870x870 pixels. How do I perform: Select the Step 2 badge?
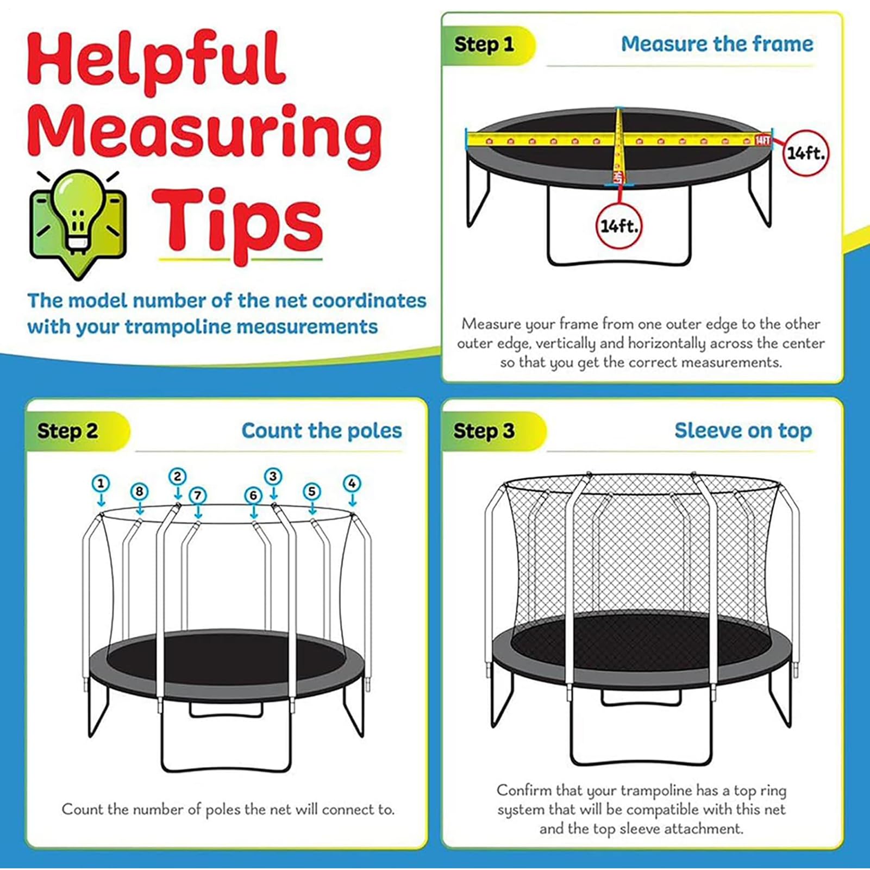click(x=68, y=431)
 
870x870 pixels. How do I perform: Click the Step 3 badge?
click(x=484, y=431)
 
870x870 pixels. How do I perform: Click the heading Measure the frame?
click(x=717, y=44)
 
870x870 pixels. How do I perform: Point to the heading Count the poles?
click(x=322, y=430)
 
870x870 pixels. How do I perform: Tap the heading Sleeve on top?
click(x=743, y=430)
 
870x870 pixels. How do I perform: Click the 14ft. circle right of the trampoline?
click(x=805, y=153)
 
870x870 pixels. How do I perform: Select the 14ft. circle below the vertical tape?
click(x=618, y=226)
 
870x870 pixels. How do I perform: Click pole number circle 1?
click(x=101, y=483)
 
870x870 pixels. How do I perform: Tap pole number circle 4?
click(x=352, y=483)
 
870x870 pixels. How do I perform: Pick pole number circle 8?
click(x=140, y=491)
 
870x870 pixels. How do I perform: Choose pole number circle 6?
click(x=253, y=495)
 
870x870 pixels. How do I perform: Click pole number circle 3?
click(x=273, y=477)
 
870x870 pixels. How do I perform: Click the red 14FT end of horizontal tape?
click(x=762, y=140)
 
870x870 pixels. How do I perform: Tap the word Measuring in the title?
click(x=205, y=136)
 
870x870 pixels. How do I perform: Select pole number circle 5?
click(x=311, y=491)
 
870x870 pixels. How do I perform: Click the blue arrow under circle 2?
click(x=178, y=493)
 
